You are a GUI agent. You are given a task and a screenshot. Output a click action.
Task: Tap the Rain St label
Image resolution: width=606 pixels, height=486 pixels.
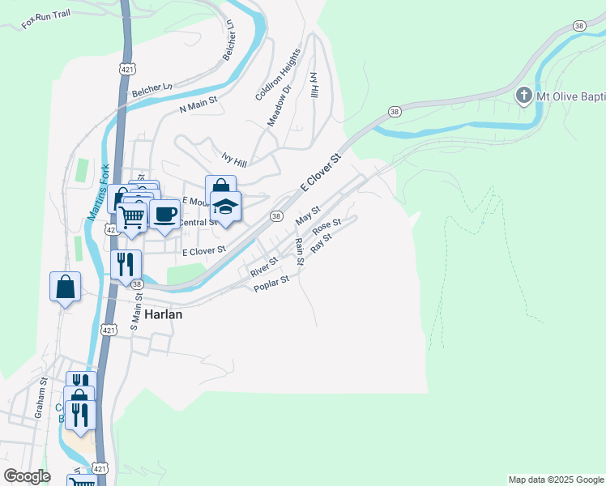coord(299,252)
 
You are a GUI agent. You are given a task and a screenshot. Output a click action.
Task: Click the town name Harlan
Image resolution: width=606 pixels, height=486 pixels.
coord(164,315)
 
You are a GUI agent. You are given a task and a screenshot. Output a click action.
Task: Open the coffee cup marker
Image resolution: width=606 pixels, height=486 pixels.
coord(164,215)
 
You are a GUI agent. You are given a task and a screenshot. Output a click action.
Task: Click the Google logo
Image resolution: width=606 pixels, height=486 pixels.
coord(27,476)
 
